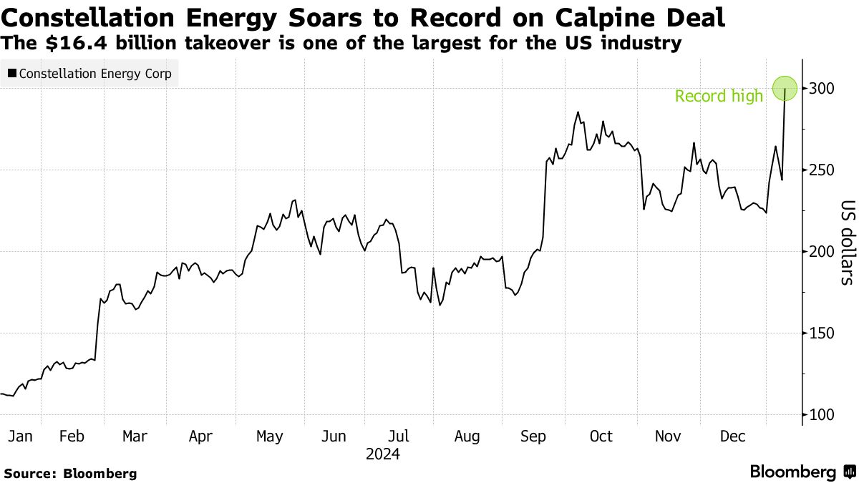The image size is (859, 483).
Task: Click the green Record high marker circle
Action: [x=785, y=89]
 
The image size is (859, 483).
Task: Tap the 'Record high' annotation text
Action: [x=719, y=96]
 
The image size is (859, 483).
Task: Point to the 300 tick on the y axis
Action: [x=821, y=89]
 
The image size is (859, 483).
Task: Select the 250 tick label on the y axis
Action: [x=821, y=170]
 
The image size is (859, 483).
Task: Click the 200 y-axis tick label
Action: [x=821, y=252]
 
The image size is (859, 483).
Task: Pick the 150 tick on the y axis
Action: [x=821, y=333]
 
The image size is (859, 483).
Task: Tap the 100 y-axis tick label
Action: [x=821, y=415]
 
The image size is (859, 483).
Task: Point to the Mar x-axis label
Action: [x=135, y=436]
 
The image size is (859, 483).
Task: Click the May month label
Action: [x=269, y=436]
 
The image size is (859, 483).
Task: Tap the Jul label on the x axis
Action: [x=399, y=436]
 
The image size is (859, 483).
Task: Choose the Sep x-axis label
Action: [x=533, y=436]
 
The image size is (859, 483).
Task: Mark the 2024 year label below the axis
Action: [x=382, y=454]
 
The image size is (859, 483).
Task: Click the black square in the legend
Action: [x=12, y=74]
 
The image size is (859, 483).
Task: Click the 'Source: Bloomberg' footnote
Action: [x=70, y=473]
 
